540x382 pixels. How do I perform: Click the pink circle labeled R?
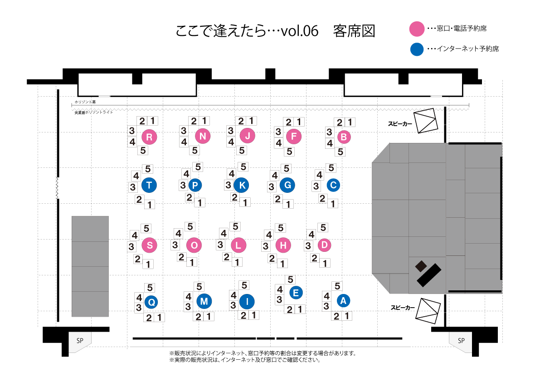point(149,137)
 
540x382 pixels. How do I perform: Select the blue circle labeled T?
point(149,185)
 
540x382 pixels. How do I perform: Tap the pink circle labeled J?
point(248,136)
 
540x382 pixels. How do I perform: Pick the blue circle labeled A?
point(343,300)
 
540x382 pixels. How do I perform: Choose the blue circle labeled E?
point(296,293)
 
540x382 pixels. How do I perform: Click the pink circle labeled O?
point(194,245)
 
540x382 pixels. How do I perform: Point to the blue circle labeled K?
point(242,185)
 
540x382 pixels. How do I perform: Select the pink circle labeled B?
point(344,137)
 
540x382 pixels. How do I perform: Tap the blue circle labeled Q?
point(152,302)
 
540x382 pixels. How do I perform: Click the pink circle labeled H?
point(283,245)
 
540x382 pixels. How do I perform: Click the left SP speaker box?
point(80,342)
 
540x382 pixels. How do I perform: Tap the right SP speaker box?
point(461,342)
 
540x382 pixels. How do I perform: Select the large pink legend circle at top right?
point(417,29)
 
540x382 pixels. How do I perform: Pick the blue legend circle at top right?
point(417,49)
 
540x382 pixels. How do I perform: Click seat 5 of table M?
point(199,287)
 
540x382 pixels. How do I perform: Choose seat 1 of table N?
point(204,121)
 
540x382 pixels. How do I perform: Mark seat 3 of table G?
point(272,187)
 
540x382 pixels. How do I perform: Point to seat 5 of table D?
point(323,228)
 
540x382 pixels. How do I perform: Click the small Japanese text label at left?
point(94,112)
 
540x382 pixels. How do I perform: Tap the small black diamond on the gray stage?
point(421,265)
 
